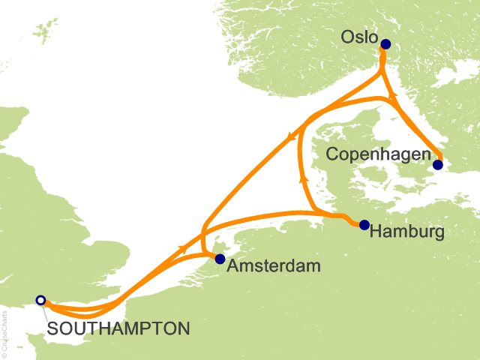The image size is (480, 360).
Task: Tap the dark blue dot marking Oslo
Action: pos(385,44)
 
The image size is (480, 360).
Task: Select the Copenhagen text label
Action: pos(378,154)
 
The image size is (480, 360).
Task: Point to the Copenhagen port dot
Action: pos(438,165)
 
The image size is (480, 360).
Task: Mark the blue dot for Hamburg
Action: pos(364,224)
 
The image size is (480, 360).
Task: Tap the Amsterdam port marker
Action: pos(219,259)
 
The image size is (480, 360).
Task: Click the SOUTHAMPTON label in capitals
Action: pos(118,328)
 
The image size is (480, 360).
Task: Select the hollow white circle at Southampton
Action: pos(40,301)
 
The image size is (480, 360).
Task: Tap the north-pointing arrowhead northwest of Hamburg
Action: pos(302,179)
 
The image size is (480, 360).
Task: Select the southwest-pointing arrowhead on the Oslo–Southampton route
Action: pos(289,136)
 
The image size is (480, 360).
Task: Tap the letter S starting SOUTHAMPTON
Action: pos(52,328)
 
